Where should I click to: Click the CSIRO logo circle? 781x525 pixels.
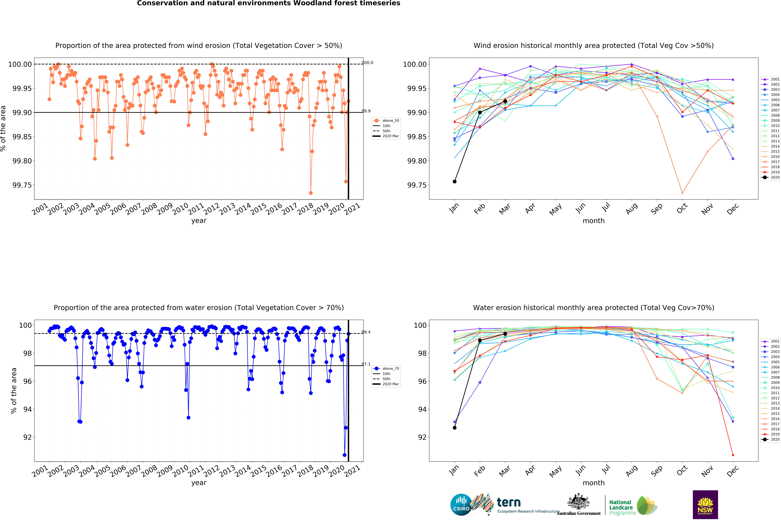pos(461,505)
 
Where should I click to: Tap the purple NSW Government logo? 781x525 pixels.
pos(705,505)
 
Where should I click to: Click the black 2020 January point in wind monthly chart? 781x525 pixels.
pos(454,181)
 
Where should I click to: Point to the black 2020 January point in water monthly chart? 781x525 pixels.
pos(454,428)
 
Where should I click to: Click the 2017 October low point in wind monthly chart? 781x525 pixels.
pos(682,193)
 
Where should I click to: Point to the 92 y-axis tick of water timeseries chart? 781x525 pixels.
pos(27,437)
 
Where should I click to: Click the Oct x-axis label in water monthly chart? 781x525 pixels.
pos(682,470)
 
